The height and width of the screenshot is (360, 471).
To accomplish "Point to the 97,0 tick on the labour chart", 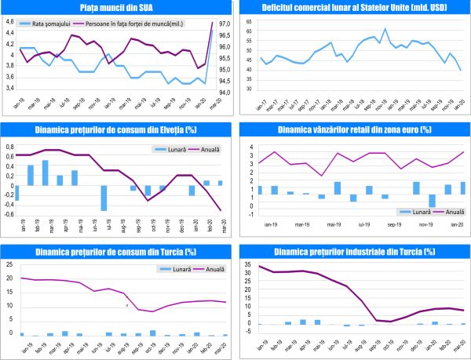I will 224,24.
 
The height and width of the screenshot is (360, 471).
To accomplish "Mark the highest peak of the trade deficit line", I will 385,29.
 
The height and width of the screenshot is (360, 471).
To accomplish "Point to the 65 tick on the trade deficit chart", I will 248,21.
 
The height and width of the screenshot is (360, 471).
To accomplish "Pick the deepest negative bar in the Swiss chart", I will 104,198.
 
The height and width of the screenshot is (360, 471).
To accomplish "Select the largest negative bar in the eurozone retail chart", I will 432,200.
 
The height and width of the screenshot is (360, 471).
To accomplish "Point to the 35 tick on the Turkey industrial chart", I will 248,264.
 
